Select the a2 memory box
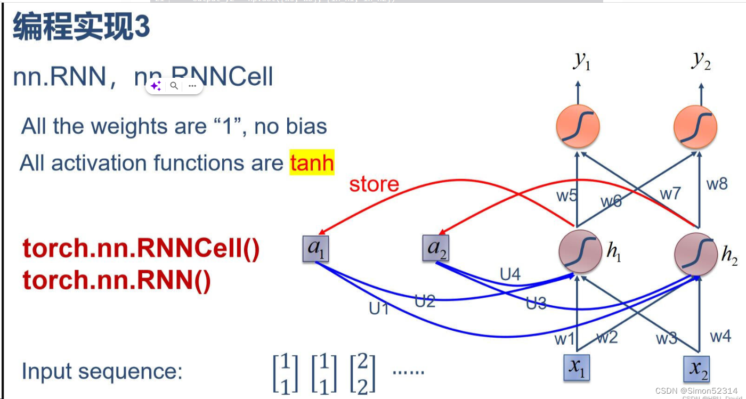tap(436, 249)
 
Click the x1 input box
tap(577, 368)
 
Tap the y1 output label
tap(581, 62)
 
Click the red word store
tap(374, 184)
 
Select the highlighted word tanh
tap(312, 162)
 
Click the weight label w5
tap(567, 196)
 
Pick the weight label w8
tap(717, 184)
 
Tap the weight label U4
tap(510, 274)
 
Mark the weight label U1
tap(379, 308)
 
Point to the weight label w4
tap(720, 337)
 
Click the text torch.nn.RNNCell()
tap(141, 249)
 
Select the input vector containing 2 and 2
tap(362, 373)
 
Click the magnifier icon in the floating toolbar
tap(174, 86)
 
